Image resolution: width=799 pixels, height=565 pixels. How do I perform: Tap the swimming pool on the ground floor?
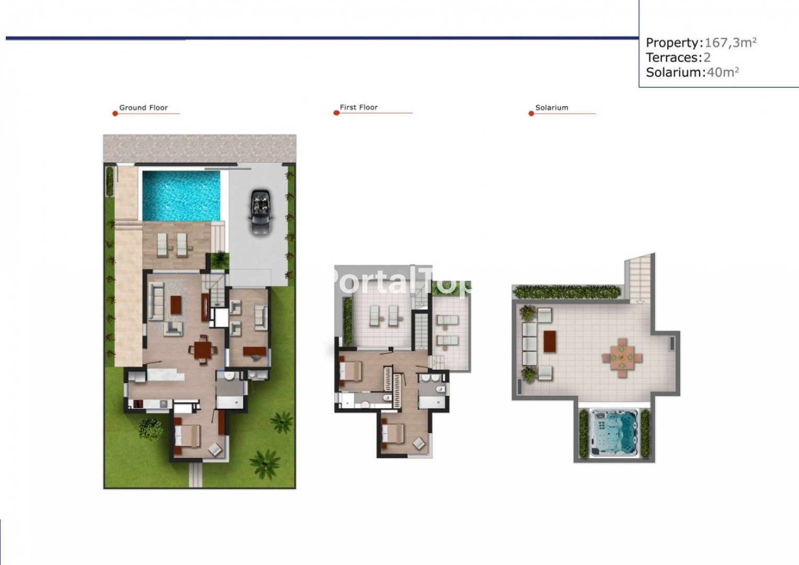point(181,196)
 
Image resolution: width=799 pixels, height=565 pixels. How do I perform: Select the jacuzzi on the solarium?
point(613,433)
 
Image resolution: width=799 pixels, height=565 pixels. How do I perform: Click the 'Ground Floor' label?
point(143,108)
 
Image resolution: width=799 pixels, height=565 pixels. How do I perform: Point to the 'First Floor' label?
point(358,107)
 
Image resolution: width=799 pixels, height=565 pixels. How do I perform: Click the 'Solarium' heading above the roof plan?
point(552,108)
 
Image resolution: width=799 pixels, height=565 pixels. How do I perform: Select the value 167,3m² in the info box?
point(730,42)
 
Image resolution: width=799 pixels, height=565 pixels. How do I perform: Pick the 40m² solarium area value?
point(722,72)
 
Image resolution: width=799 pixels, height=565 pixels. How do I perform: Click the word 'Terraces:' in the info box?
point(674,58)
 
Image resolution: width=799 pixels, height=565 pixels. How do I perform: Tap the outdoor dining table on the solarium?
point(622,358)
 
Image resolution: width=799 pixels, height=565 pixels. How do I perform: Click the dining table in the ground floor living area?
point(203,349)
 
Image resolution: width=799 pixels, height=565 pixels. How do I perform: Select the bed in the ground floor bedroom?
point(187,436)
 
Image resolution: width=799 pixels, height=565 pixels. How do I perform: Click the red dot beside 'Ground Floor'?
point(115,114)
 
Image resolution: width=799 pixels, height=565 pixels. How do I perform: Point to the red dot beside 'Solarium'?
point(531,114)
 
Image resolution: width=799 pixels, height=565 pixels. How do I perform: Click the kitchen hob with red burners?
point(138,404)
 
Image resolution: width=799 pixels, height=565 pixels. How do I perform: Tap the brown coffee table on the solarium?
point(549,341)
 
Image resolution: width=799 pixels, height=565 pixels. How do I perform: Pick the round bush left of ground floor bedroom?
point(150,429)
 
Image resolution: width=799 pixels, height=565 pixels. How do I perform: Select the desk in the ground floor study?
point(254,351)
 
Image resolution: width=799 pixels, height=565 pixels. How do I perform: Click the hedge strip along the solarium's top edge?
point(567,292)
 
